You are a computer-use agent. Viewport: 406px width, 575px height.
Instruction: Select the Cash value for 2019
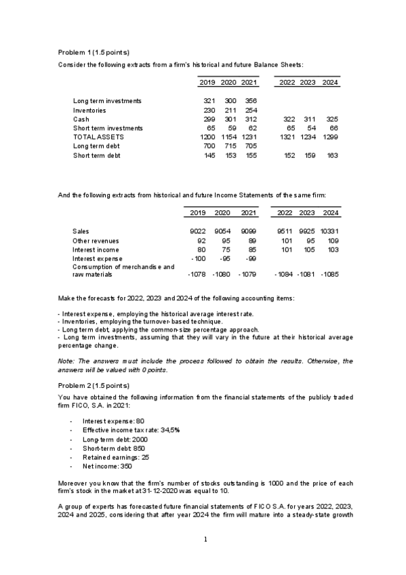pyautogui.click(x=209, y=119)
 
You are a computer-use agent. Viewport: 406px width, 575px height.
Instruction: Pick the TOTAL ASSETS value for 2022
pyautogui.click(x=287, y=137)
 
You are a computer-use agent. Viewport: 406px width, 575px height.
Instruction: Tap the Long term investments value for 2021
pyautogui.click(x=249, y=100)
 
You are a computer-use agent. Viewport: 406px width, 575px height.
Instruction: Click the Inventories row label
pyautogui.click(x=89, y=110)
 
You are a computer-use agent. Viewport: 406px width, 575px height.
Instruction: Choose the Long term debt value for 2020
pyautogui.click(x=230, y=146)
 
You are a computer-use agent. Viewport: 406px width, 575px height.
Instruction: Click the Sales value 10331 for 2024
pyautogui.click(x=329, y=231)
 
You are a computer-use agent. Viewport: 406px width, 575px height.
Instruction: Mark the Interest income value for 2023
pyautogui.click(x=308, y=249)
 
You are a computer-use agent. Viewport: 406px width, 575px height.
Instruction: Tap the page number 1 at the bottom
pyautogui.click(x=203, y=540)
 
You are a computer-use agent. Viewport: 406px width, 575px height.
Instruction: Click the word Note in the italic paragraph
pyautogui.click(x=66, y=361)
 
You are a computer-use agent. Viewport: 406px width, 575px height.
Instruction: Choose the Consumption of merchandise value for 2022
pyautogui.click(x=284, y=275)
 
